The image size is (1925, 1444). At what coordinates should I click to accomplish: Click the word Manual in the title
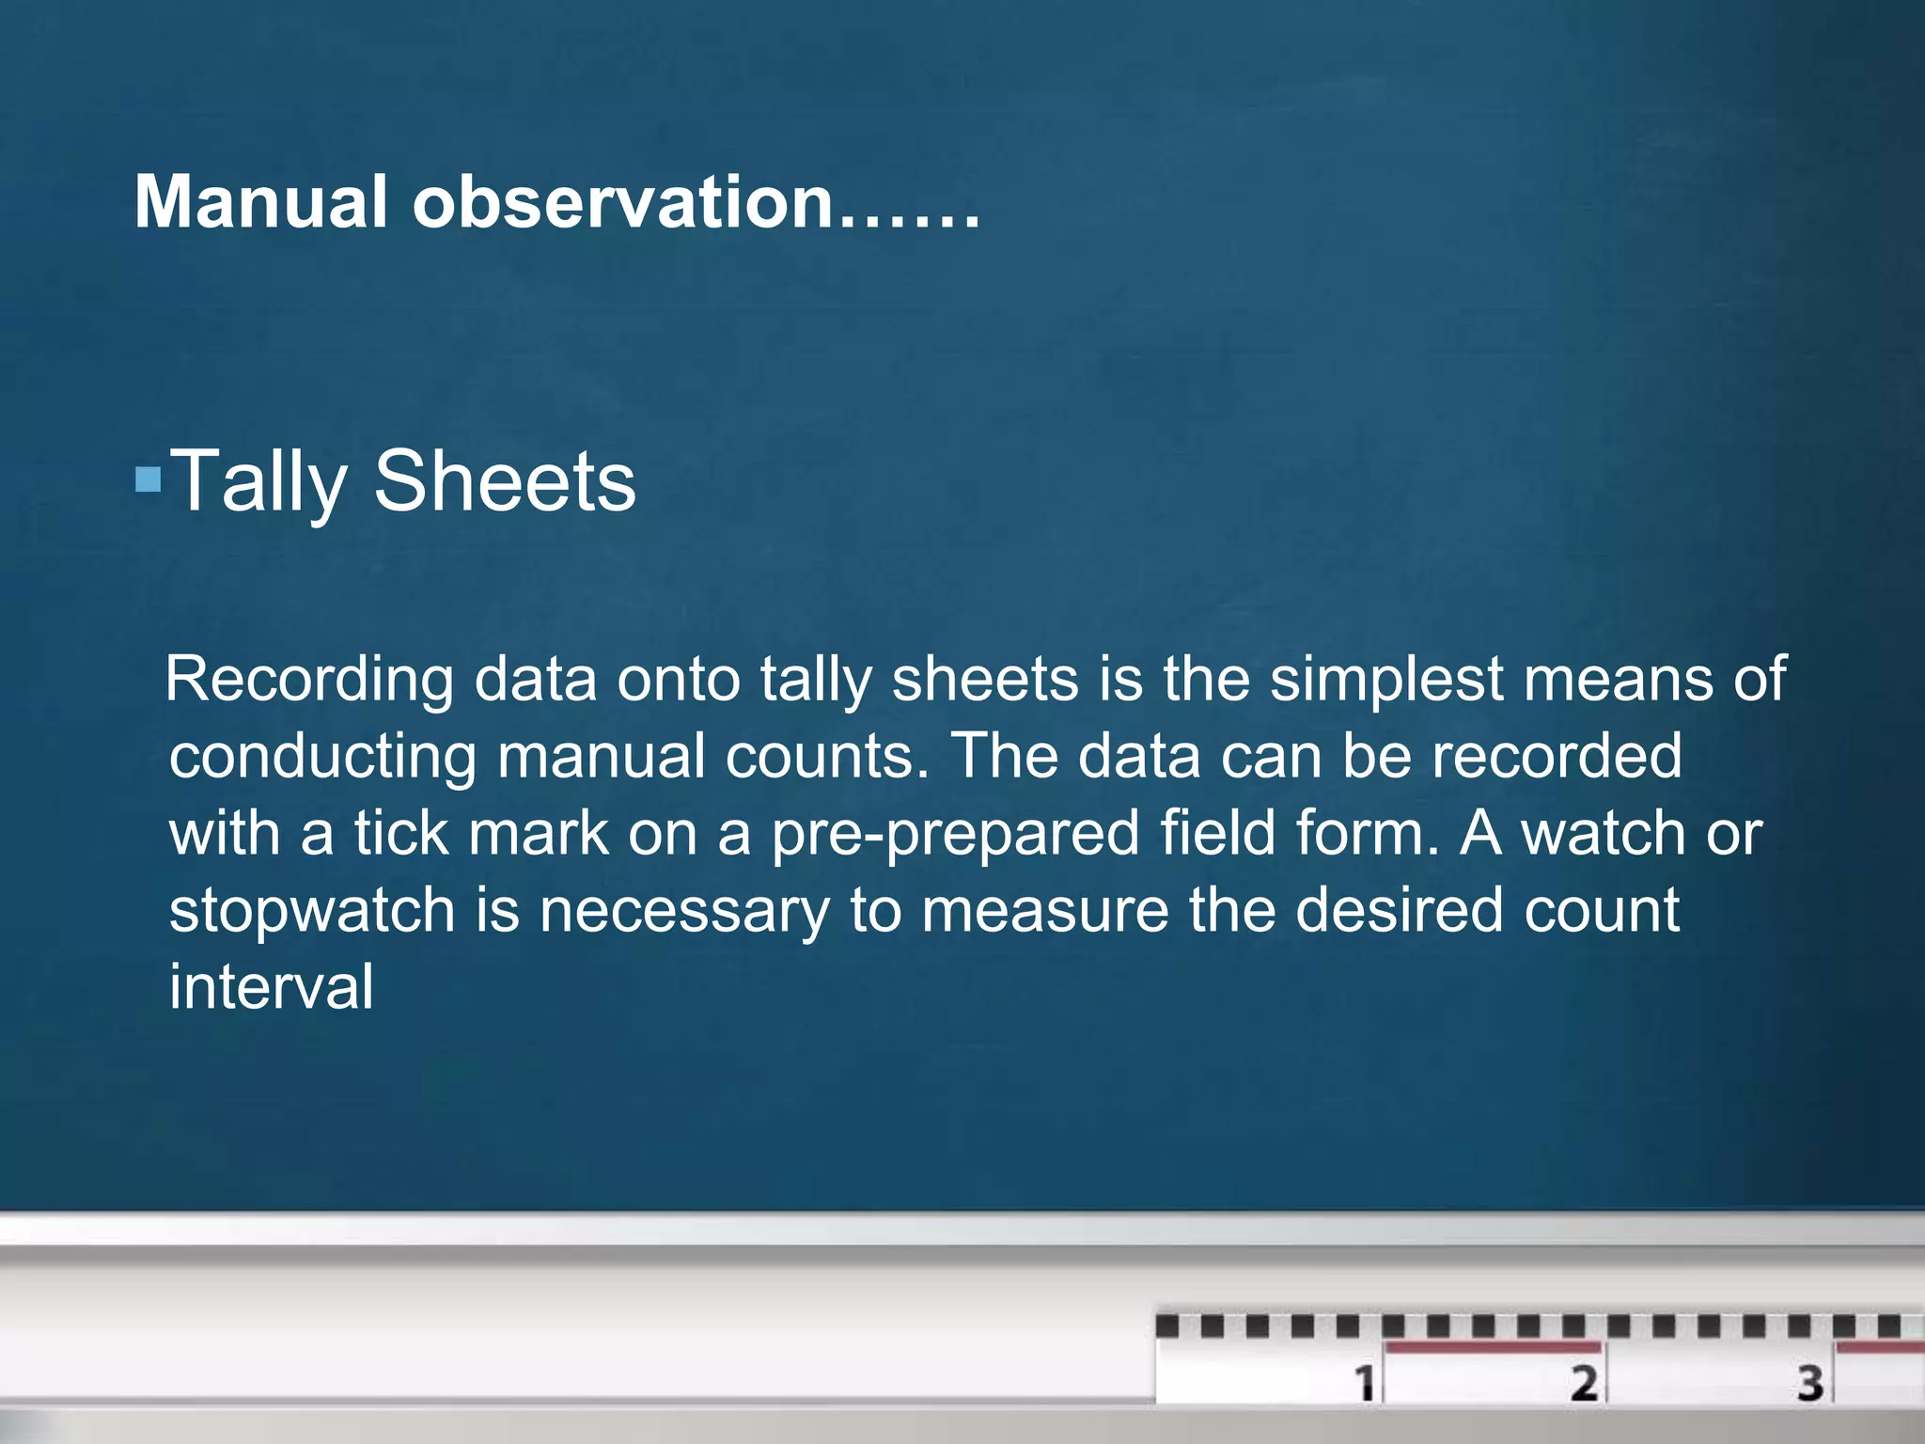pyautogui.click(x=260, y=202)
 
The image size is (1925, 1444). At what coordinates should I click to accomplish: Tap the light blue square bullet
pyautogui.click(x=148, y=480)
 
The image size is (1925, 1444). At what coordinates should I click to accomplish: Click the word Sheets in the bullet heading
pyautogui.click(x=505, y=480)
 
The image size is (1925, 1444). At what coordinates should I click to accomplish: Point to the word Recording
pyautogui.click(x=309, y=680)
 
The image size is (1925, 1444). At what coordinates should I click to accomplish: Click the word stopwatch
pyautogui.click(x=312, y=911)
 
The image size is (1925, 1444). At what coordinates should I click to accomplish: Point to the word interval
pyautogui.click(x=271, y=987)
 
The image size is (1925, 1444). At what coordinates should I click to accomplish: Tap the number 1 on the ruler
pyautogui.click(x=1364, y=1383)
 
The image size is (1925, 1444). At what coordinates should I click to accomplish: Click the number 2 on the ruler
pyautogui.click(x=1585, y=1383)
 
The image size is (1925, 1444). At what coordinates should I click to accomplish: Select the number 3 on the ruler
pyautogui.click(x=1810, y=1383)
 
